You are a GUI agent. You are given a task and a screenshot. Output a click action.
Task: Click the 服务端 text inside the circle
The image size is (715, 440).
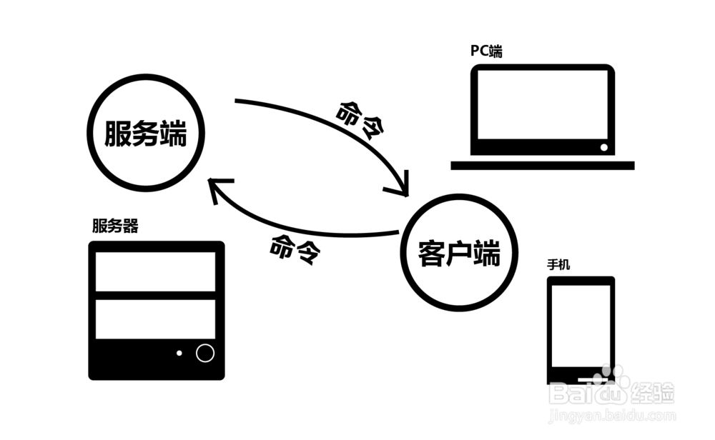pyautogui.click(x=145, y=134)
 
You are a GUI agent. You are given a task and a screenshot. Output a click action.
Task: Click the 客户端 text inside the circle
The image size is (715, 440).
pyautogui.click(x=459, y=254)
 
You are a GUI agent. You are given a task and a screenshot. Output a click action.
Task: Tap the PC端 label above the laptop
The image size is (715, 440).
pyautogui.click(x=486, y=51)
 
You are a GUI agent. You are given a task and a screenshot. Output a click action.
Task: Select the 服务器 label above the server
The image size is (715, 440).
pyautogui.click(x=115, y=226)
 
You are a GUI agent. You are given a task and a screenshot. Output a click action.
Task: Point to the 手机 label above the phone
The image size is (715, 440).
pyautogui.click(x=558, y=264)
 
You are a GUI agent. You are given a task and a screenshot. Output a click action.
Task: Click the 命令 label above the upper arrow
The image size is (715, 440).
pyautogui.click(x=360, y=120)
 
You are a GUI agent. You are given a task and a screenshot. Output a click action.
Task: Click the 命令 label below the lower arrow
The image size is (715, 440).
pyautogui.click(x=295, y=249)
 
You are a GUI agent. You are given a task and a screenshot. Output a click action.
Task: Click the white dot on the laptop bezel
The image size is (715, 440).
pyautogui.click(x=603, y=147)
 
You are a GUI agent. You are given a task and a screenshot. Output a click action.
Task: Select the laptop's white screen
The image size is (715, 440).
pyautogui.click(x=542, y=105)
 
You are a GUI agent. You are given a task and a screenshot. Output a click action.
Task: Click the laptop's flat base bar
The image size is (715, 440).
pyautogui.click(x=543, y=165)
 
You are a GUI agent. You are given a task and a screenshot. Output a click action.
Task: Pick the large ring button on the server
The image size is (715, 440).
pyautogui.click(x=204, y=353)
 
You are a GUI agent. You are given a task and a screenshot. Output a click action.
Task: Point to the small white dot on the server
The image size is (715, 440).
pyautogui.click(x=179, y=353)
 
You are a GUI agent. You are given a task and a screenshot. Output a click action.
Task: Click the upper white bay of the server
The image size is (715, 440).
pyautogui.click(x=155, y=271)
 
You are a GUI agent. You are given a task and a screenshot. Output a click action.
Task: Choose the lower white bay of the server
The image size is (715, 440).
pyautogui.click(x=155, y=319)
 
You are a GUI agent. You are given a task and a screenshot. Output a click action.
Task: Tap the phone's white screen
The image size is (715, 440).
pyautogui.click(x=581, y=326)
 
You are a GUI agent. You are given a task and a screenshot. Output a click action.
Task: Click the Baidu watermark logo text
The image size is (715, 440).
pyautogui.click(x=611, y=391)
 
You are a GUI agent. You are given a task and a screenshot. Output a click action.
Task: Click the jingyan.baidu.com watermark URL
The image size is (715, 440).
pyautogui.click(x=613, y=415)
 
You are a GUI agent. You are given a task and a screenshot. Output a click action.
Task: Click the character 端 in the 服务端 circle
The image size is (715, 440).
pyautogui.click(x=173, y=134)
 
